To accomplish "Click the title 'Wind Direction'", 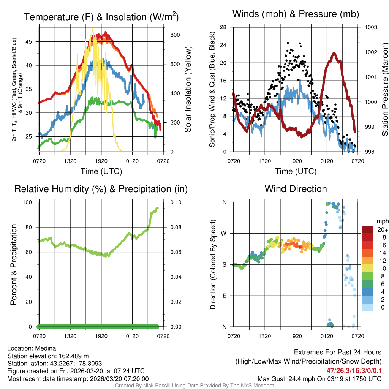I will click(296, 189).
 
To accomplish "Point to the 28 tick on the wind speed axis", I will click(223, 27).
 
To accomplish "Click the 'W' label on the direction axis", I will click(225, 233).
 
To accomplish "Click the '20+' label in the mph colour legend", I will click(383, 229).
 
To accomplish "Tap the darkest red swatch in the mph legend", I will click(368, 229).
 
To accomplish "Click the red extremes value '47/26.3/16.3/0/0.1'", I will click(354, 370).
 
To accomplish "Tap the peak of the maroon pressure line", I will click(334, 53).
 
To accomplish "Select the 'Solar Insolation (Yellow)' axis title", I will click(188, 90).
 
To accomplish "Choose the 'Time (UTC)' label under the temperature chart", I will click(101, 171).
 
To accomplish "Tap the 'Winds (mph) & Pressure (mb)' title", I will click(296, 14).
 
